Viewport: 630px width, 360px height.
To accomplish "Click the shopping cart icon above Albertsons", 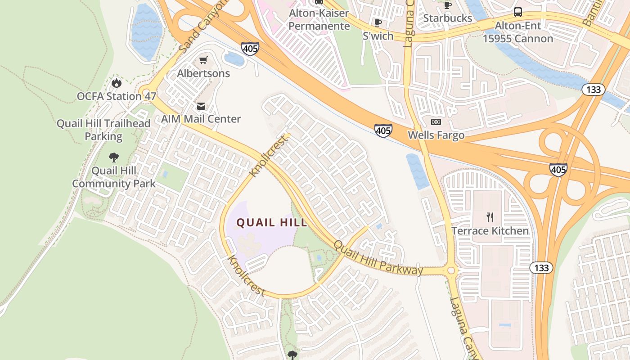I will pyautogui.click(x=203, y=60).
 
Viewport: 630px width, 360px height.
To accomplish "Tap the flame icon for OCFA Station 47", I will pyautogui.click(x=116, y=83).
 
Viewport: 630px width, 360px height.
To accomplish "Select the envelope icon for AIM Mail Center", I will pyautogui.click(x=201, y=106).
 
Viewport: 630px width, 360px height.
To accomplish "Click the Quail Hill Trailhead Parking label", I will pyautogui.click(x=103, y=130).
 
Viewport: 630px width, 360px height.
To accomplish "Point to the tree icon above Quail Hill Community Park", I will pyautogui.click(x=114, y=157).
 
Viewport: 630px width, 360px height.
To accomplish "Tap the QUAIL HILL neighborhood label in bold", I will pyautogui.click(x=272, y=222).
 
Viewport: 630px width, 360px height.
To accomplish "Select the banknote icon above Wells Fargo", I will pyautogui.click(x=436, y=122).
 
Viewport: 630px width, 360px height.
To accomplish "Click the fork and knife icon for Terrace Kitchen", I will pyautogui.click(x=490, y=217).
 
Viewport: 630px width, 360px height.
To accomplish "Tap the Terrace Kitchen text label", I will pyautogui.click(x=490, y=231).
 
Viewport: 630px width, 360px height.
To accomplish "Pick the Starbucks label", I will pyautogui.click(x=448, y=18).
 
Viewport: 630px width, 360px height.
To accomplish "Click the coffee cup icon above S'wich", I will pyautogui.click(x=378, y=22).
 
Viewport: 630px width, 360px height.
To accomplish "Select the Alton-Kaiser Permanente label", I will pyautogui.click(x=319, y=19).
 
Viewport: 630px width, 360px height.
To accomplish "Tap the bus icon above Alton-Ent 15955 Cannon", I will pyautogui.click(x=518, y=12).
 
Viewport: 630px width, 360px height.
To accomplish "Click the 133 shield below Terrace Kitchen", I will pyautogui.click(x=541, y=268).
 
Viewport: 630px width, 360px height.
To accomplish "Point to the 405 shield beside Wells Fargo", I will pyautogui.click(x=382, y=130).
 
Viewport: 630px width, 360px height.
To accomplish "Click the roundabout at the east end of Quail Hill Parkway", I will pyautogui.click(x=451, y=271).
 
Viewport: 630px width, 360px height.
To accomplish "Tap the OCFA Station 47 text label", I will pyautogui.click(x=117, y=96).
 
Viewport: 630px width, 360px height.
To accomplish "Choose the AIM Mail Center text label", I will pyautogui.click(x=201, y=119).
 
